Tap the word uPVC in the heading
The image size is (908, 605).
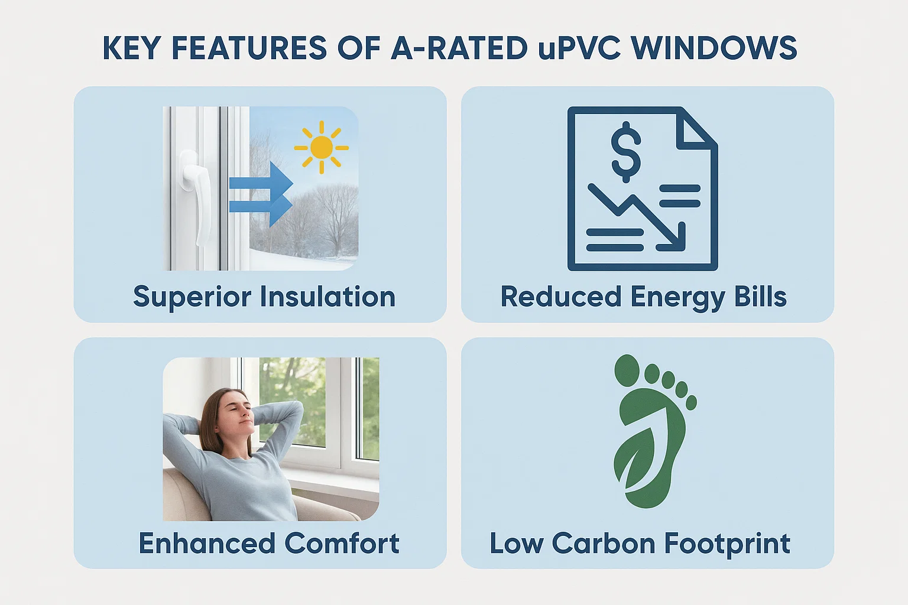point(579,48)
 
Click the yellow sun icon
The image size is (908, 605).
point(321,147)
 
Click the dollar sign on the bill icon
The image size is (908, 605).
point(625,153)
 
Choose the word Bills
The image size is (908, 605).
point(760,297)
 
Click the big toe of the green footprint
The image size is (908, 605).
point(627,371)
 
